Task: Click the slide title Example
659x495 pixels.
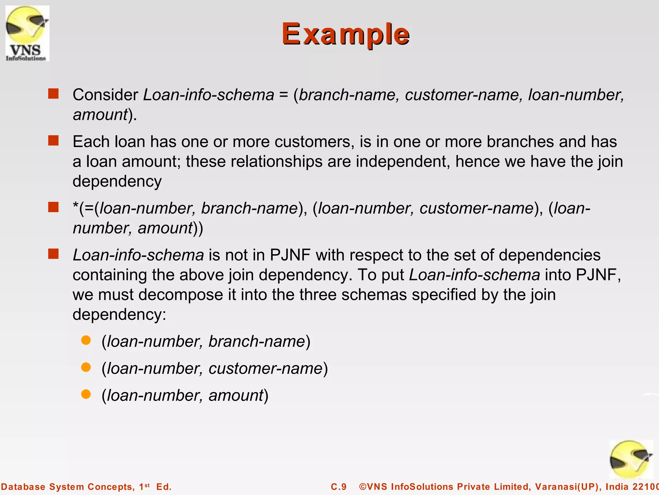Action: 345,34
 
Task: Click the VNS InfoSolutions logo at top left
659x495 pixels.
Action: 27,33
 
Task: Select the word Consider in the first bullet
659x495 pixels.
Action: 105,95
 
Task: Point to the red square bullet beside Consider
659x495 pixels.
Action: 53,94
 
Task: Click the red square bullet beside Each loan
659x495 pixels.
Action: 53,141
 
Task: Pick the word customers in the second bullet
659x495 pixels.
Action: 314,142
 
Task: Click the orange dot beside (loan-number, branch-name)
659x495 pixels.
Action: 86,340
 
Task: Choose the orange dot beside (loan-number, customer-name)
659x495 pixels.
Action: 86,367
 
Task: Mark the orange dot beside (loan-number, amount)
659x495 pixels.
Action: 86,394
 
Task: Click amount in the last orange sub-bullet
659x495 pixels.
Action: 236,395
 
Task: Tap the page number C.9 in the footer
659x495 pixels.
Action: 339,487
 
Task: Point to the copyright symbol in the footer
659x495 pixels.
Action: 363,487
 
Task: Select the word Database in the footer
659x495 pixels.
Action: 23,487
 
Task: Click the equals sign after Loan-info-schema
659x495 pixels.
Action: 283,95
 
